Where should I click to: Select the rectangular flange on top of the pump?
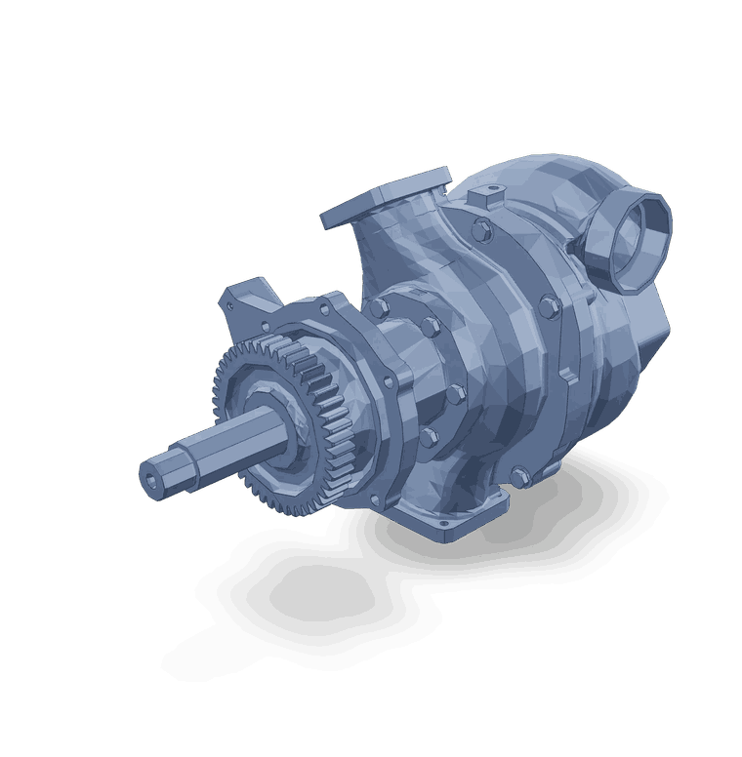pyautogui.click(x=387, y=195)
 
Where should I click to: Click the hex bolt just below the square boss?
pyautogui.click(x=481, y=231)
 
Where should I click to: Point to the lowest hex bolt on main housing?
pyautogui.click(x=516, y=477)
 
